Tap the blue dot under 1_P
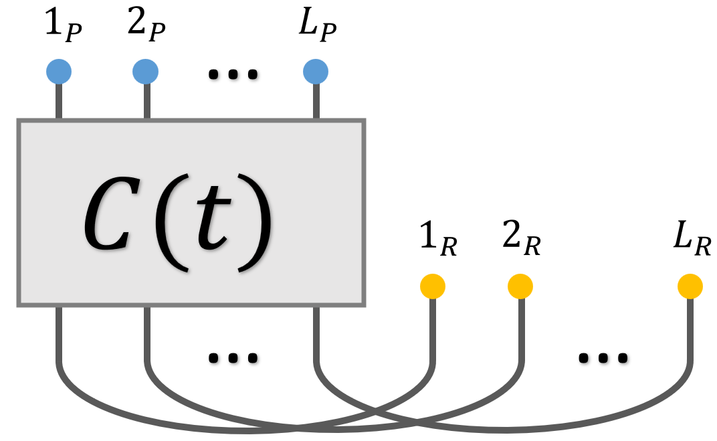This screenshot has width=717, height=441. (x=59, y=72)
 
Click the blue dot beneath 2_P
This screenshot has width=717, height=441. (x=145, y=72)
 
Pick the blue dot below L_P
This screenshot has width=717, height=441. (x=316, y=72)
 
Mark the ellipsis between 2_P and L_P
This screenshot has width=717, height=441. (x=233, y=74)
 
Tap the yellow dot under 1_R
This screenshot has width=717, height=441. (x=432, y=287)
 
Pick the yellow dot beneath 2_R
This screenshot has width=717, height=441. (x=520, y=287)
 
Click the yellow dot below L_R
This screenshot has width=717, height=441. (x=690, y=287)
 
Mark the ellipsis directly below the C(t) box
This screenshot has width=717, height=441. (x=233, y=358)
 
